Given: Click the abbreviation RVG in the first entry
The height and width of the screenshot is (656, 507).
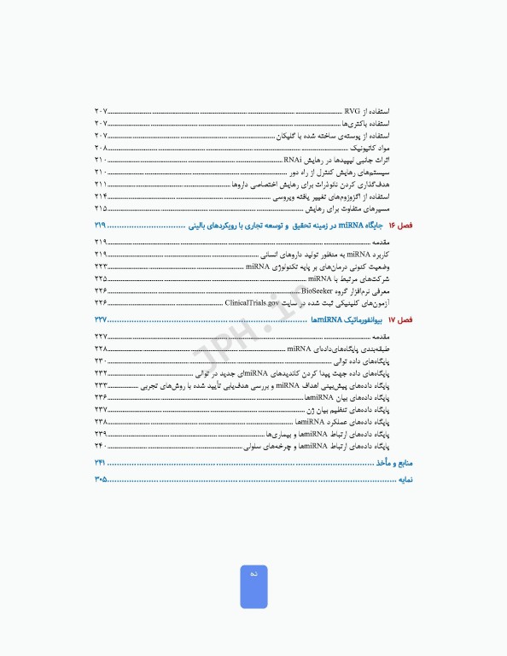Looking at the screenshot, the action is click(352, 112).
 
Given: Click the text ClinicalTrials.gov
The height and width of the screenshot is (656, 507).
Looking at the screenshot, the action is click(252, 302).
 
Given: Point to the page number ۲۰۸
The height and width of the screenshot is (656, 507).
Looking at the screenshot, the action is click(101, 148).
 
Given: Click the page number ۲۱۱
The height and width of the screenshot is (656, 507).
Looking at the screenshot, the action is click(101, 184).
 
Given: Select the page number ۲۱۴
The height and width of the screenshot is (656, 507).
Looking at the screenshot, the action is click(101, 196).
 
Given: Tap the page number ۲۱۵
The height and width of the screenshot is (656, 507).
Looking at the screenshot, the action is click(101, 208).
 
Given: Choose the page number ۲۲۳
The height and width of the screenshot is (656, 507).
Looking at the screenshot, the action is click(101, 266).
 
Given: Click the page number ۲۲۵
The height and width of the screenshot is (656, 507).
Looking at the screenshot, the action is click(101, 278).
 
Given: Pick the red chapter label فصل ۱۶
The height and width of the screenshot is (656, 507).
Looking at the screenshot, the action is click(399, 225).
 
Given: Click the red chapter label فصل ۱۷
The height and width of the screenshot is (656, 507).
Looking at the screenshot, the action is click(399, 319).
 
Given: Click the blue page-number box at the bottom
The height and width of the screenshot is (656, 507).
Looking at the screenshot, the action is click(253, 587).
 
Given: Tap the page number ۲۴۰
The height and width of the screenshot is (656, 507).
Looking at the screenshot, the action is click(101, 445).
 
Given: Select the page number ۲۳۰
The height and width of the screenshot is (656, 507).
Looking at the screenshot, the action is click(101, 361).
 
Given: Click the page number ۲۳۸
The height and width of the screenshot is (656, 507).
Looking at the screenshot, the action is click(101, 421).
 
